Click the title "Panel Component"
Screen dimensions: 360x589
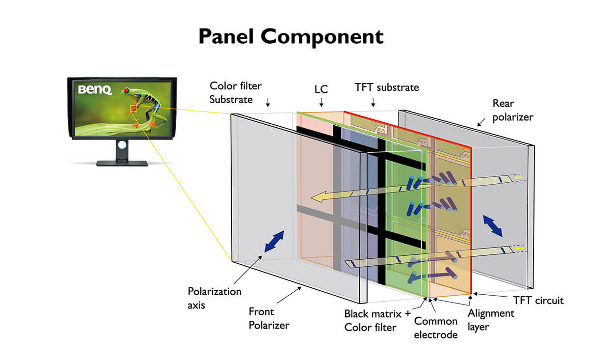click(291, 37)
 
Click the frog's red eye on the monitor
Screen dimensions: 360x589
click(127, 90)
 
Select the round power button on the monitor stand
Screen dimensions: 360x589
click(122, 146)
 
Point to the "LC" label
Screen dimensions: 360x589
click(321, 89)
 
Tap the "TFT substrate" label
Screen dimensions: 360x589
click(387, 87)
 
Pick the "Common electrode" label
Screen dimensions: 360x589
click(436, 328)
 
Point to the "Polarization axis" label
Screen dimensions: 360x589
click(214, 298)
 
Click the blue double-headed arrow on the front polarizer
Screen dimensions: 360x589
click(274, 242)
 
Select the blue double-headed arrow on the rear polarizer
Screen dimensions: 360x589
click(492, 226)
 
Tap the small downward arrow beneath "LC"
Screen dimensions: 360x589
click(321, 103)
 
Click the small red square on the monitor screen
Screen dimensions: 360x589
click(133, 108)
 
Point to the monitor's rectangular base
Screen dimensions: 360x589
click(122, 163)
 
